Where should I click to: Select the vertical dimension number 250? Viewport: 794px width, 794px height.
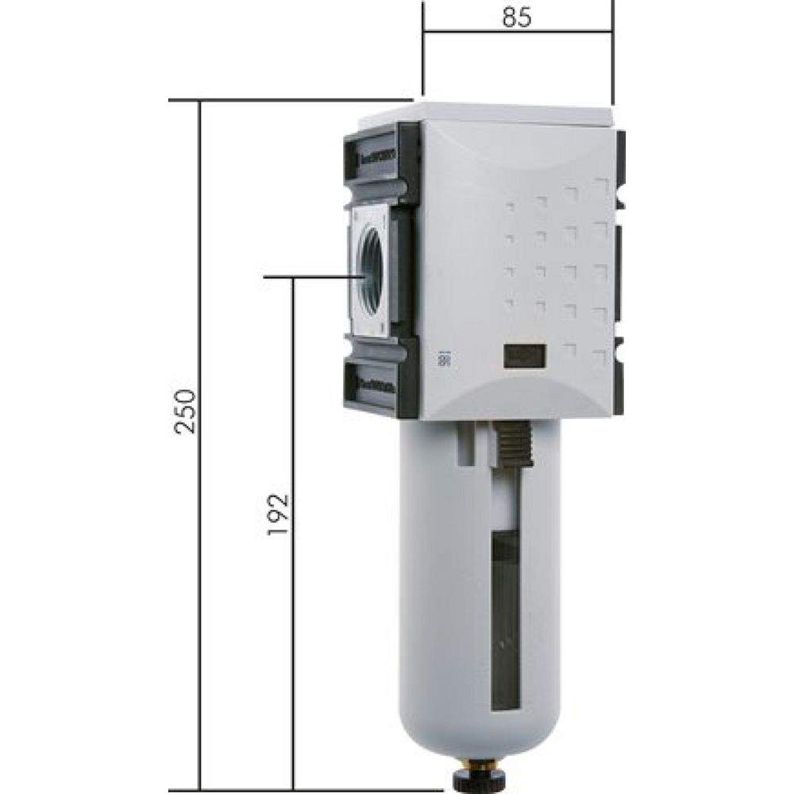pos(185,411)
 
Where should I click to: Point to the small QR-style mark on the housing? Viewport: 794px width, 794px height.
pos(443,359)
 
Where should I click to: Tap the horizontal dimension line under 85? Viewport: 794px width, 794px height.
pos(517,33)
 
